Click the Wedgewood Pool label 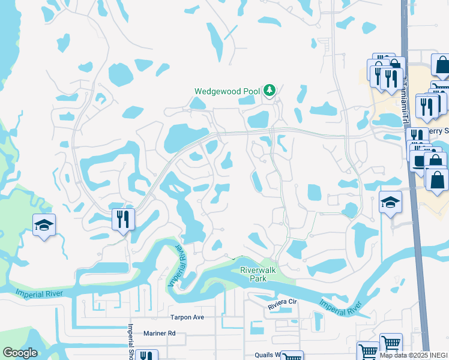pyautogui.click(x=226, y=91)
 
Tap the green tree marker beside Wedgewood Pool pyautogui.click(x=270, y=91)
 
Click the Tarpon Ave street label pyautogui.click(x=188, y=317)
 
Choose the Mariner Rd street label pyautogui.click(x=159, y=333)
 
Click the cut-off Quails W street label pyautogui.click(x=268, y=355)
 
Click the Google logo pyautogui.click(x=20, y=353)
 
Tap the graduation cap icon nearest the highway pyautogui.click(x=390, y=203)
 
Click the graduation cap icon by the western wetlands pyautogui.click(x=44, y=225)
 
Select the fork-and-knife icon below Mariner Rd pyautogui.click(x=146, y=355)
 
